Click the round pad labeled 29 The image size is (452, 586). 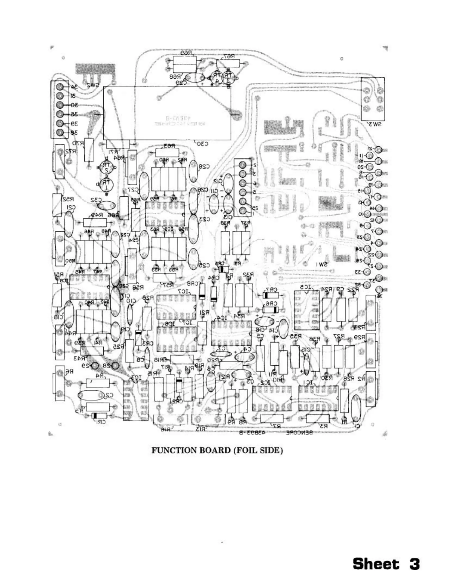tap(95, 366)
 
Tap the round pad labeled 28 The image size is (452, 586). tap(114, 366)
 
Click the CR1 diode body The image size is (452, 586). tap(99, 416)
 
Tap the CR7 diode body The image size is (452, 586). tap(271, 295)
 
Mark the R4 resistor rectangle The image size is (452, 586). tap(98, 383)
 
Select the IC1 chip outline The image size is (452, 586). tap(318, 399)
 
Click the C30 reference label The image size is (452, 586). tap(202, 144)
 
